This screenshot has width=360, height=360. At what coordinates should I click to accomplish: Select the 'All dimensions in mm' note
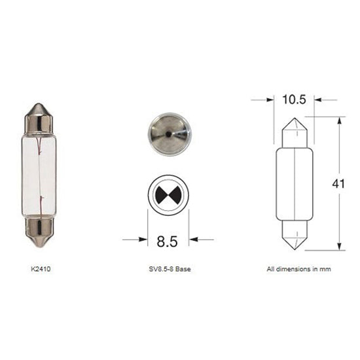click(295, 269)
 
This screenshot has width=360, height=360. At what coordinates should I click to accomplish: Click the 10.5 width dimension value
click(294, 100)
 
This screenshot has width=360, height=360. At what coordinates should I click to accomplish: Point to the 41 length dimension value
click(338, 184)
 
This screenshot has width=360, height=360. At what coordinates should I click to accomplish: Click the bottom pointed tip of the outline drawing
click(294, 246)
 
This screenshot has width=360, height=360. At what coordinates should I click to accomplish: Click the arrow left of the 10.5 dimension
click(268, 100)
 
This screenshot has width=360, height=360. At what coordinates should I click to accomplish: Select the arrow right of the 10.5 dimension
click(320, 100)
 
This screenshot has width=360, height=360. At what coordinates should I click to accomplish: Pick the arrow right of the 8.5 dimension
click(194, 240)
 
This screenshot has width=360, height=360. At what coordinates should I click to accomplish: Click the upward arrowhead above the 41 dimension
click(338, 122)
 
